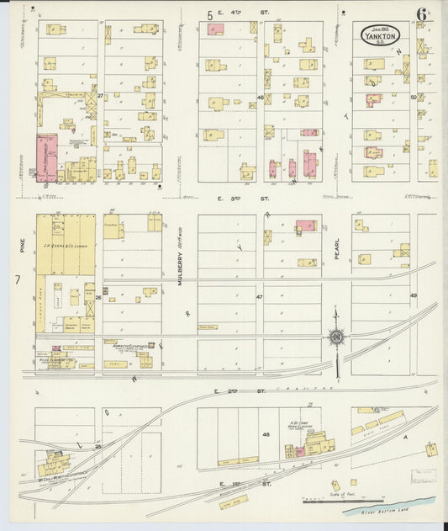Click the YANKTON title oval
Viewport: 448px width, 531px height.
click(x=382, y=35)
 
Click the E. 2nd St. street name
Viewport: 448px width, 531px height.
click(x=228, y=391)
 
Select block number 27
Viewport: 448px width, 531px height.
click(x=100, y=97)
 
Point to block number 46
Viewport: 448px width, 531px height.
click(x=261, y=98)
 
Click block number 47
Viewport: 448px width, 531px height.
click(x=261, y=297)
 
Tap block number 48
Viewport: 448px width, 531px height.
click(x=266, y=434)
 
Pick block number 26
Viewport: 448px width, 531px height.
click(x=99, y=297)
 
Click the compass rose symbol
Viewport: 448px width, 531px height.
click(x=336, y=337)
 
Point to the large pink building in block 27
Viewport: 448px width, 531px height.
click(x=46, y=157)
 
